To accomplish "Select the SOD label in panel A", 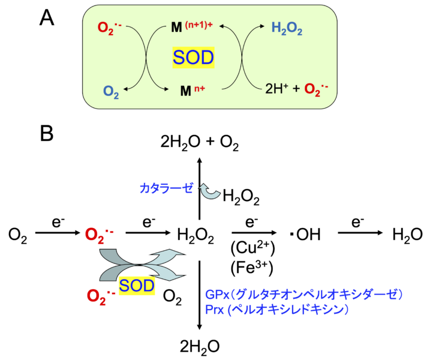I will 194,58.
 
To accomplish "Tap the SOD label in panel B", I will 136,284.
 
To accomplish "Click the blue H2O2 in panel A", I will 287,26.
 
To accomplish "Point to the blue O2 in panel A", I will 111,91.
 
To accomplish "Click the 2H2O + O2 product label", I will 200,141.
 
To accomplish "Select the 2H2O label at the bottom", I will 200,345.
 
